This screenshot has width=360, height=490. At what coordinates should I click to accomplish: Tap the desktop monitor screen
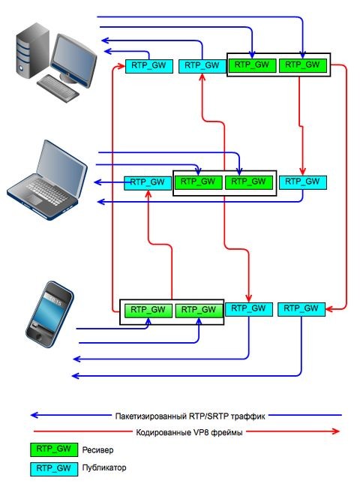[x=73, y=52]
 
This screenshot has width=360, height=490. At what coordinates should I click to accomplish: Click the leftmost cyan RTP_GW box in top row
[x=148, y=66]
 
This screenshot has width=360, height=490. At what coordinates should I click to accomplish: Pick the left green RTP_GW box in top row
[x=253, y=65]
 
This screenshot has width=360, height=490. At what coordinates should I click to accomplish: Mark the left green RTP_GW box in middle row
[x=199, y=182]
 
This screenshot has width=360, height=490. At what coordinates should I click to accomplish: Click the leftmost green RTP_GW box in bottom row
[x=147, y=309]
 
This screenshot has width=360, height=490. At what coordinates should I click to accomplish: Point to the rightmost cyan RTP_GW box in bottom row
[x=301, y=308]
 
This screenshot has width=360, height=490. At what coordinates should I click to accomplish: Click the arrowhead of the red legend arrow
[x=335, y=431]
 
